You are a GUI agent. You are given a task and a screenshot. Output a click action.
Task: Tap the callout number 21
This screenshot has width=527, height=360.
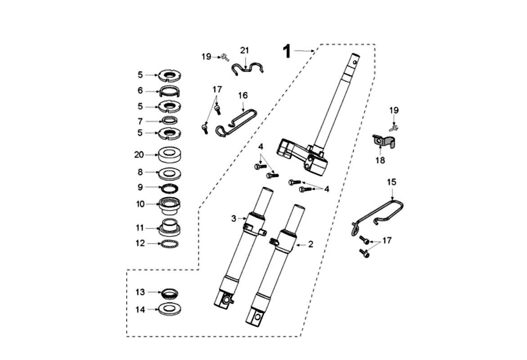pyautogui.click(x=244, y=49)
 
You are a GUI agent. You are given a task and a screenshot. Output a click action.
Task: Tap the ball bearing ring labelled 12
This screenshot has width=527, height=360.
pyautogui.click(x=169, y=244)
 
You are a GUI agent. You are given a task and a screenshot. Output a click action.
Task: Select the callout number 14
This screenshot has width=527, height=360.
pyautogui.click(x=140, y=310)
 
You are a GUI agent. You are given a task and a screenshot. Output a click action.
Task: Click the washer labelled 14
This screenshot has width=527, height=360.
pyautogui.click(x=169, y=309)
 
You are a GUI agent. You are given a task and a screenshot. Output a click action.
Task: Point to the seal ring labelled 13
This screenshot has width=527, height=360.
pyautogui.click(x=169, y=293)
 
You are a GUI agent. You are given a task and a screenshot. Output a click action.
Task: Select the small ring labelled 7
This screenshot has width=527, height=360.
pyautogui.click(x=169, y=121)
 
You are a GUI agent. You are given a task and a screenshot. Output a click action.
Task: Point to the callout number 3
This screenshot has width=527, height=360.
pyautogui.click(x=234, y=219)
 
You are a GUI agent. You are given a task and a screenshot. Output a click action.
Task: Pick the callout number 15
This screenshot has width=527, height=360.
pyautogui.click(x=392, y=182)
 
